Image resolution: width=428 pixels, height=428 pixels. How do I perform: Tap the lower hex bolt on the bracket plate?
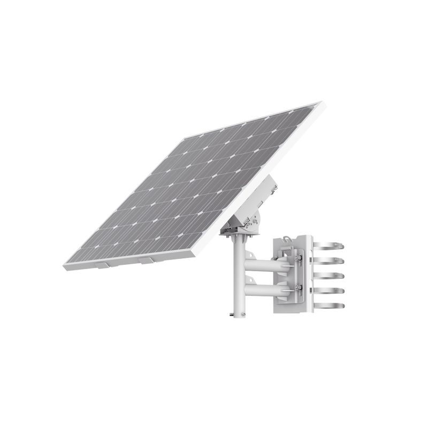click(297, 291)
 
